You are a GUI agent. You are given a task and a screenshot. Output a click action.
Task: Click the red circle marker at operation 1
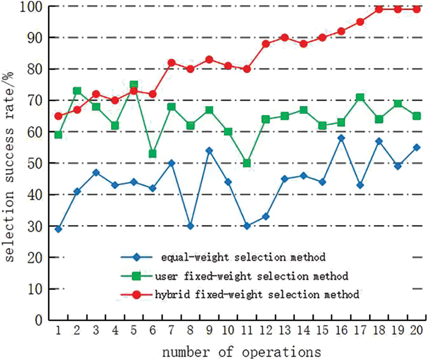point(58,116)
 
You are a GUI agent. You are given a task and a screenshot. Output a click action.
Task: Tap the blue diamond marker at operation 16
point(341,138)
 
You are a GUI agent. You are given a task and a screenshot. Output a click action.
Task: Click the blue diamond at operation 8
point(190,226)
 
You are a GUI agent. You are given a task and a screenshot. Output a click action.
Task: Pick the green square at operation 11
point(247,163)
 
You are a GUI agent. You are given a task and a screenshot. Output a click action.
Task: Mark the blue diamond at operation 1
point(58,229)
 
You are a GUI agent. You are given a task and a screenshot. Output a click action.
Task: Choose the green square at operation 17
point(360,97)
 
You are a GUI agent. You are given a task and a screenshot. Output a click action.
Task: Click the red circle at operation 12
point(266,44)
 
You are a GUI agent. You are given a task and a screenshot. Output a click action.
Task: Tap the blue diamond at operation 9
point(209,151)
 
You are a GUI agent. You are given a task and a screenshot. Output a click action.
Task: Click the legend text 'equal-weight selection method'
point(243,258)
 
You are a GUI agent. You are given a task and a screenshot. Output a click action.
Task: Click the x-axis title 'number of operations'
point(242,351)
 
